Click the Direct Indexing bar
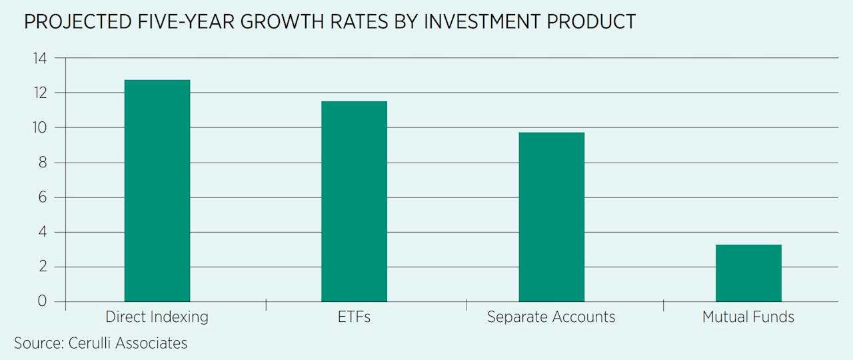(x=157, y=191)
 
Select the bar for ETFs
(x=354, y=201)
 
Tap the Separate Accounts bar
(x=551, y=217)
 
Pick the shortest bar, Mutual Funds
(x=748, y=273)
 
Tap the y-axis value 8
(x=43, y=163)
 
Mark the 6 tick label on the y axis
(x=43, y=197)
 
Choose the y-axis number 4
(x=43, y=232)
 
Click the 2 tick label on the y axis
(x=43, y=267)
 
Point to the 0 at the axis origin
(x=43, y=301)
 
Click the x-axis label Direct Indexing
(x=157, y=317)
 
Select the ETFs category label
(x=354, y=317)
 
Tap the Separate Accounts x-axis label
(x=551, y=317)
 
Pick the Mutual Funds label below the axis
(x=748, y=317)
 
